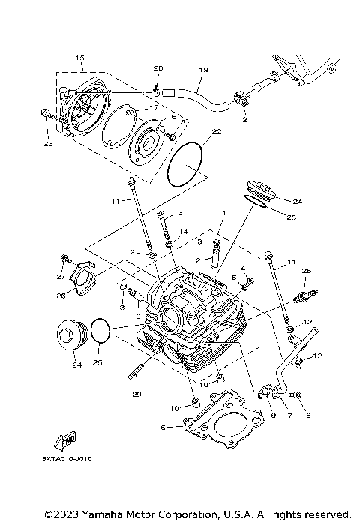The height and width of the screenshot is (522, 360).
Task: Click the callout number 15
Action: coord(79,58)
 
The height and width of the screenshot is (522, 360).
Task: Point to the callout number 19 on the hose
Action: coord(202,70)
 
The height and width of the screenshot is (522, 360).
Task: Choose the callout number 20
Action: coord(157,68)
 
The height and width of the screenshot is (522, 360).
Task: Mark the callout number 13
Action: coord(178,214)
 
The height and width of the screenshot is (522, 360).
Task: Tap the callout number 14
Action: coord(184,232)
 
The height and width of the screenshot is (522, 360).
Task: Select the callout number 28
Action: coord(306,271)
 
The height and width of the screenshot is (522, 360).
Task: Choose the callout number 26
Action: coord(61,295)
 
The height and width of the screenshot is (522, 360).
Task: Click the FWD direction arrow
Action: coord(67,439)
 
